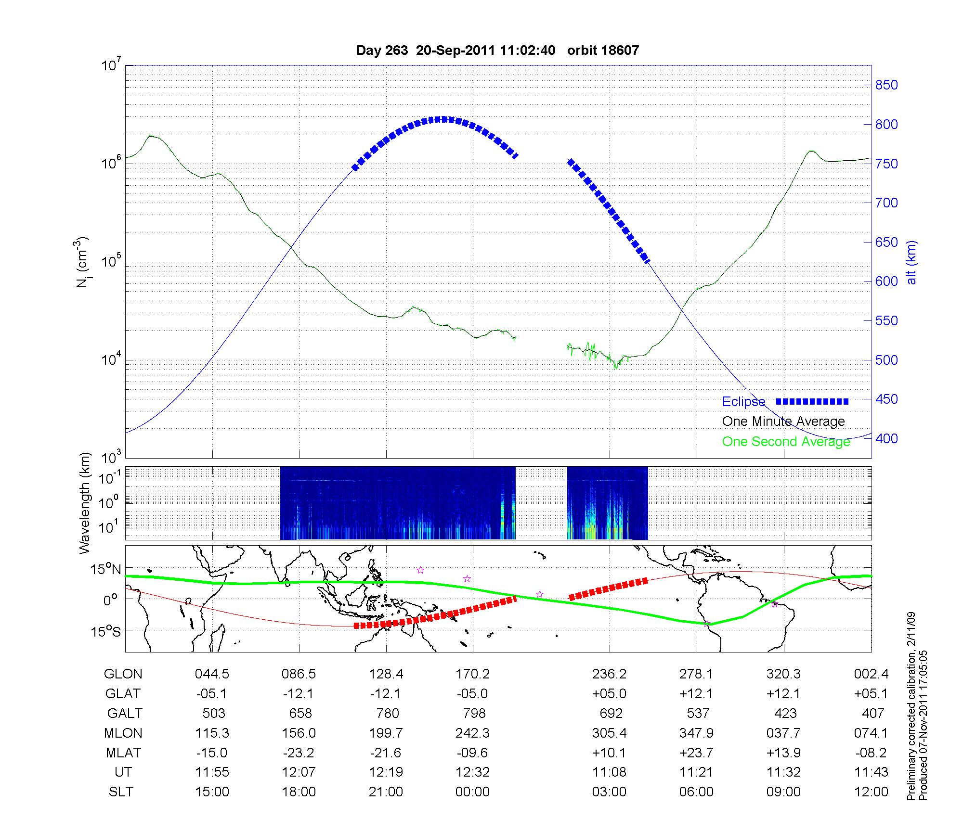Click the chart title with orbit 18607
(x=497, y=51)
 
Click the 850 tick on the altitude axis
(x=886, y=85)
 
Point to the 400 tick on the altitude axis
(x=886, y=438)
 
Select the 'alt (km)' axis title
(x=911, y=262)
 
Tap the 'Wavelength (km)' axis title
(x=85, y=503)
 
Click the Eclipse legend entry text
(x=743, y=402)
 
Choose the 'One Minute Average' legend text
(x=783, y=422)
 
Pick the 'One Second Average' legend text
(x=786, y=442)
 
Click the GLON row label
(x=123, y=674)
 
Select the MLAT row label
(x=123, y=753)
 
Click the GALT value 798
(x=473, y=713)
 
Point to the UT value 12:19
(x=386, y=772)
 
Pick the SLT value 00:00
(x=472, y=792)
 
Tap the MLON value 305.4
(x=609, y=733)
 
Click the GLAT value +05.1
(x=871, y=694)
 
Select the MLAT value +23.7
(x=696, y=753)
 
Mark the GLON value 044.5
(x=212, y=674)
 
